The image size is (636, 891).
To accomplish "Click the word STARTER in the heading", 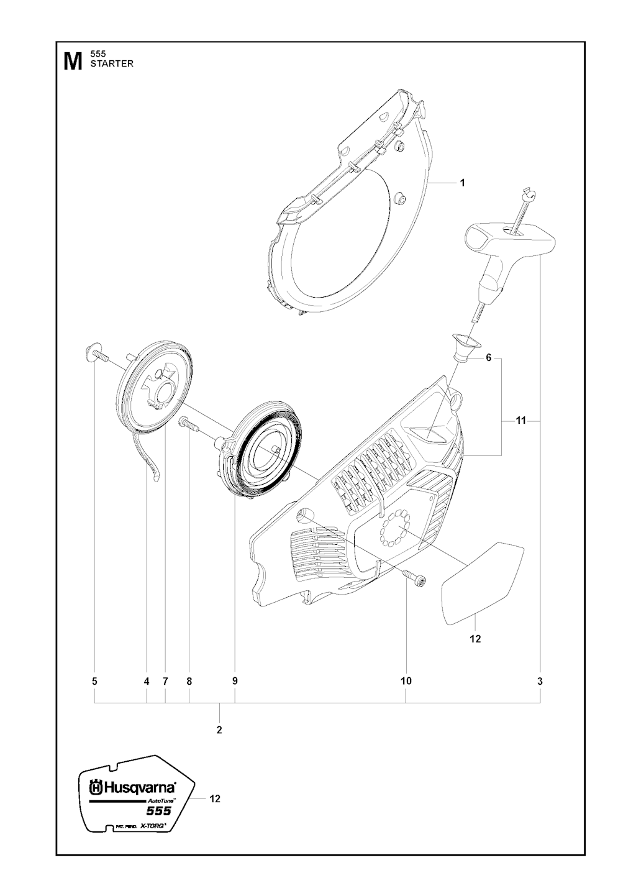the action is pos(112,64).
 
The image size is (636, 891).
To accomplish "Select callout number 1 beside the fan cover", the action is pos(462,183).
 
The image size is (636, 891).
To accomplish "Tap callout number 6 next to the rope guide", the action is pos(489,358).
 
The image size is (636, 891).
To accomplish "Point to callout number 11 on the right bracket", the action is pos(520,420).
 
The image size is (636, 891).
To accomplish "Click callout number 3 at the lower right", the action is pos(540,682).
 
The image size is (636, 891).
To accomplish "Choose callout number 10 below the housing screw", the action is pos(406,682).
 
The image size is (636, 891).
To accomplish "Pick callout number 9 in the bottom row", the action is pos(235,682).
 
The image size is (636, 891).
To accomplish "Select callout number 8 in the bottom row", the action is pos(189,682).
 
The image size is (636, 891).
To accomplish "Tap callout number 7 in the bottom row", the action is pos(165,682).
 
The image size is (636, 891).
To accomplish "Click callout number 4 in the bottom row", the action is pos(147,682).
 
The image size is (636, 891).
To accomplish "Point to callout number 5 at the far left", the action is pos(94,682).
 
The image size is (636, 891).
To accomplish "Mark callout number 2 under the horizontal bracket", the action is pos(219,730).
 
